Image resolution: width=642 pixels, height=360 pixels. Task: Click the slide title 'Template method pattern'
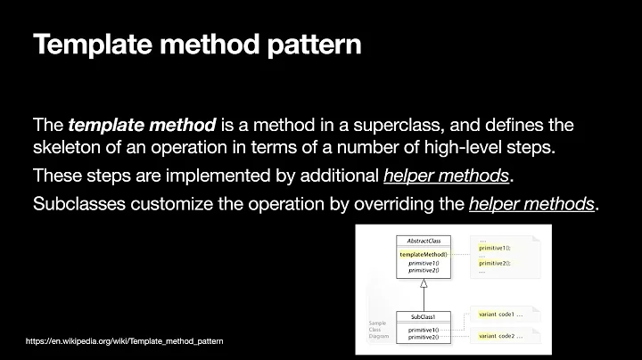197,45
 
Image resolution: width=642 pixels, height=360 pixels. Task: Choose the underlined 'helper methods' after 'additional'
450,176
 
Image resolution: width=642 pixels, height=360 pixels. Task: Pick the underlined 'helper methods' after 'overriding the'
532,203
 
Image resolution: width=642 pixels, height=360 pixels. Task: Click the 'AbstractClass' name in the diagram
424,241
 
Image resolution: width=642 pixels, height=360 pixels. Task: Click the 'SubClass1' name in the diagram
424,316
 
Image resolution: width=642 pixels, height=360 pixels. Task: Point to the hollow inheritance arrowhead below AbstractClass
424,283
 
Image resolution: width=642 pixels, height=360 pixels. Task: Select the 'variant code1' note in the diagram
500,315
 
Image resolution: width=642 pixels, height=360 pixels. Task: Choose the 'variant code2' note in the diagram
500,336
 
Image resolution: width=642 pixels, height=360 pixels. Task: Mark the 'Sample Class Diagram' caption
379,330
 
